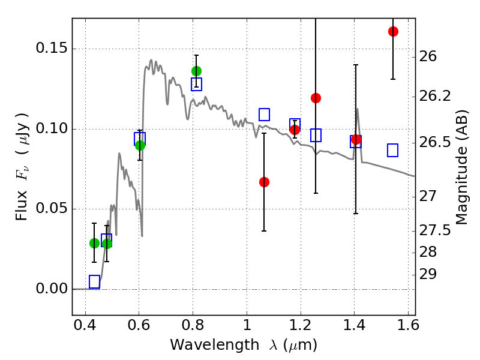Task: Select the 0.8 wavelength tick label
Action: click(193, 328)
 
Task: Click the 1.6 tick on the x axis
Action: click(407, 328)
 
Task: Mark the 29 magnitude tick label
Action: click(430, 274)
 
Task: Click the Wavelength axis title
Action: click(244, 346)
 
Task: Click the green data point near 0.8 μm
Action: click(196, 71)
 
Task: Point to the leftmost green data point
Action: click(94, 243)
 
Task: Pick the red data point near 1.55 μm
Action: click(393, 31)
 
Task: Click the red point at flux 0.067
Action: click(264, 182)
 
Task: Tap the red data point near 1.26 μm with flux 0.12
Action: click(316, 98)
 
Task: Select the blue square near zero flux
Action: click(94, 282)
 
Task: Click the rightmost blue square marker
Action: click(393, 151)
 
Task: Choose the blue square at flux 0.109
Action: click(264, 115)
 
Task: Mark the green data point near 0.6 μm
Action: click(140, 145)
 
